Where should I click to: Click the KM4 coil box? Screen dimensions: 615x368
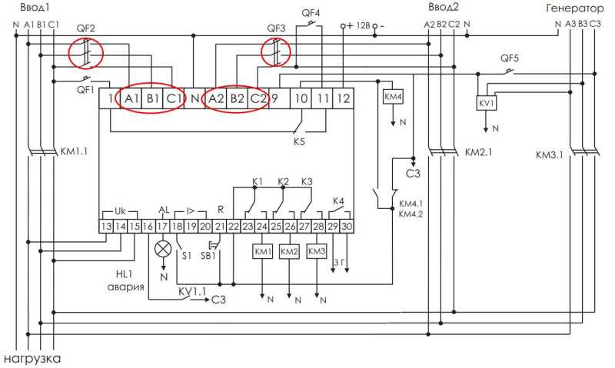pyautogui.click(x=393, y=97)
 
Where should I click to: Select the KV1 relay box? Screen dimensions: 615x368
pyautogui.click(x=487, y=103)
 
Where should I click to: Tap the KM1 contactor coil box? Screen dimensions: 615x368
pyautogui.click(x=262, y=251)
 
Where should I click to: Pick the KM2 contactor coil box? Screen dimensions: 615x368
pyautogui.click(x=289, y=251)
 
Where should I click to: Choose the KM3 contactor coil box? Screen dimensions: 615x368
pyautogui.click(x=316, y=251)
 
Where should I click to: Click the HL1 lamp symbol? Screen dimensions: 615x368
pyautogui.click(x=163, y=249)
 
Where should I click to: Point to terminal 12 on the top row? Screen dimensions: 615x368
pyautogui.click(x=343, y=98)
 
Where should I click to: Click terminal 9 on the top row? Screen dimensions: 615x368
pyautogui.click(x=279, y=98)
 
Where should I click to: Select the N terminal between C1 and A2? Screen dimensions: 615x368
pyautogui.click(x=194, y=98)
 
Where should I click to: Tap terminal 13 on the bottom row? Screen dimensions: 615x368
pyautogui.click(x=106, y=226)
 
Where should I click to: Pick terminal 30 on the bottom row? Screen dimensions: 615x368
pyautogui.click(x=347, y=226)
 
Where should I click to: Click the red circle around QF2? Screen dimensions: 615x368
pyautogui.click(x=86, y=53)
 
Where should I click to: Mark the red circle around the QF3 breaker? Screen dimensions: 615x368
pyautogui.click(x=276, y=51)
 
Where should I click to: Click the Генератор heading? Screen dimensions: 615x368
pyautogui.click(x=574, y=8)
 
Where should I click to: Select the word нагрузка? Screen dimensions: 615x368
pyautogui.click(x=32, y=359)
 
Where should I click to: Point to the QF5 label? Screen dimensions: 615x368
pyautogui.click(x=510, y=58)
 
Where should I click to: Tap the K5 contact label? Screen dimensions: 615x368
pyautogui.click(x=299, y=141)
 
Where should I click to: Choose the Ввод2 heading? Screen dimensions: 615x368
pyautogui.click(x=444, y=7)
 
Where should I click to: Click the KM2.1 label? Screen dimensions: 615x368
pyautogui.click(x=478, y=152)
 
